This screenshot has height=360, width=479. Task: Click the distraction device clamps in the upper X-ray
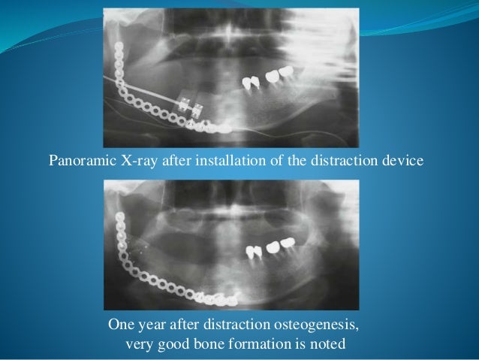(191, 107)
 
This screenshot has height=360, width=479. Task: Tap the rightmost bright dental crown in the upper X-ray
(284, 72)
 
